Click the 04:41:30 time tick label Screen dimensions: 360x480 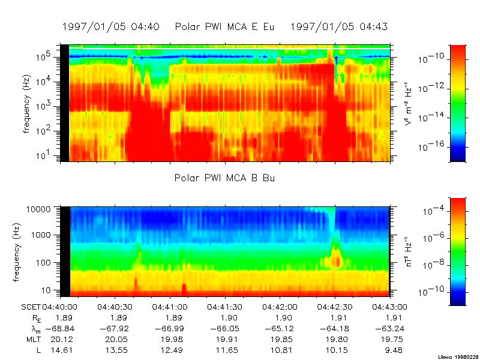coord(224,306)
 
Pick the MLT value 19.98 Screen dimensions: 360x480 coord(169,338)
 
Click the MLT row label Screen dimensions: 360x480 coord(32,338)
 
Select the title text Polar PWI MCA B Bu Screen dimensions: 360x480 coord(224,178)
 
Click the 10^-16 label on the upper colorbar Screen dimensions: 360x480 coord(430,146)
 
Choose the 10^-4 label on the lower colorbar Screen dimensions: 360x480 coord(431,212)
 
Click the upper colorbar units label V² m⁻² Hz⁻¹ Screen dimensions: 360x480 coord(407,103)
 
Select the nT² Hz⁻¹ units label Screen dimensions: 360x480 coord(407,251)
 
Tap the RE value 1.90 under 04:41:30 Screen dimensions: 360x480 coord(224,317)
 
